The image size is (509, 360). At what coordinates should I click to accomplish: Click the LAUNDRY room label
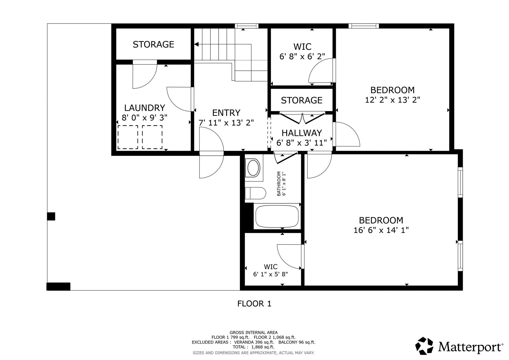tap(145, 108)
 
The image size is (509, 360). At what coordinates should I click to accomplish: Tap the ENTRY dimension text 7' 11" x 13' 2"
tap(226, 123)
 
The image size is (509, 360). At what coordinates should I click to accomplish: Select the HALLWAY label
tap(302, 133)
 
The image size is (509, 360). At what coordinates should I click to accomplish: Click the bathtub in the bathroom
tap(277, 216)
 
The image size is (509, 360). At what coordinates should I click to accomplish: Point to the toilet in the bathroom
tap(255, 193)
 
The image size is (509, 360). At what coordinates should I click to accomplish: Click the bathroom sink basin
tap(253, 168)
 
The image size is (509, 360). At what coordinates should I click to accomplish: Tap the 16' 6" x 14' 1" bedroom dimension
tap(381, 230)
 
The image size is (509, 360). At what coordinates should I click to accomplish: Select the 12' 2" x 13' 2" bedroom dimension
tap(392, 100)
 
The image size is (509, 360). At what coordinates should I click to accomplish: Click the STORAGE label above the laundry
tap(153, 45)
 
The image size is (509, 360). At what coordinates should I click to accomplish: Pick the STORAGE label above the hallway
tap(302, 100)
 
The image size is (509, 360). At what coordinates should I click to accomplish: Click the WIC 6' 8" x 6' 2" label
tap(302, 51)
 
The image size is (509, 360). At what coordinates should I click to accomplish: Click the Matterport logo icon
tap(424, 346)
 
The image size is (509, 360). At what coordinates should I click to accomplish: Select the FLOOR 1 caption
tap(254, 304)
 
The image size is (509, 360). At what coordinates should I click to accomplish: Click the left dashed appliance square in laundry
tap(128, 137)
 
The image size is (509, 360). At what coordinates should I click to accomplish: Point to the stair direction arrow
tap(197, 44)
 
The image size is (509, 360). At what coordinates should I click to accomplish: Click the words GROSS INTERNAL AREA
tap(253, 332)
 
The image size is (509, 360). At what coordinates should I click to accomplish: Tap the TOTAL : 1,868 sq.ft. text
tap(253, 347)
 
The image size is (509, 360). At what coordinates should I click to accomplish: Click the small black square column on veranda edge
tap(51, 216)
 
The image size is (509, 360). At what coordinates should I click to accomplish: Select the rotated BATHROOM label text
tap(279, 184)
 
